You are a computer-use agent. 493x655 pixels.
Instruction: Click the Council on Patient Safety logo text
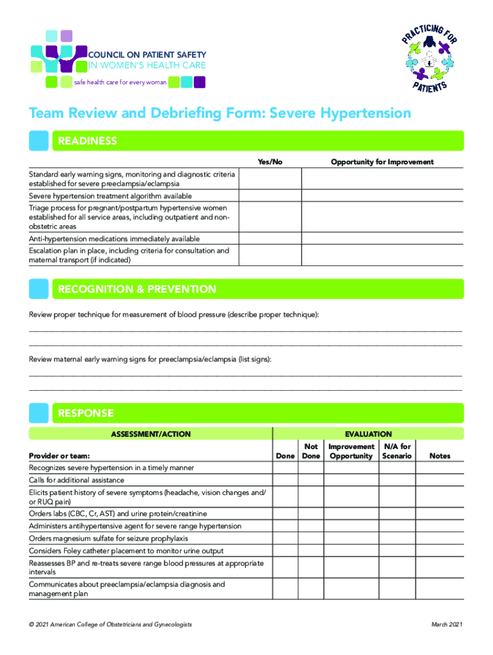[142, 59]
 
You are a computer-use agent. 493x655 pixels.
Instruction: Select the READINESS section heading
[88, 141]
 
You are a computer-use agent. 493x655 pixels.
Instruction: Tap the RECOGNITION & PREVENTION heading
[137, 289]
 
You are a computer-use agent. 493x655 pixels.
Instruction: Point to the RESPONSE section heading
[86, 413]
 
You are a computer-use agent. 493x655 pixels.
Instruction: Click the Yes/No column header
[270, 162]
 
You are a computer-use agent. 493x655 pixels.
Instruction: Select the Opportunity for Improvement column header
[382, 162]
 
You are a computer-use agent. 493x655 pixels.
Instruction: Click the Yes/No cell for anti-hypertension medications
[270, 239]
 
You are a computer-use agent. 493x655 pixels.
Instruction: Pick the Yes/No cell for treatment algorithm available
[270, 196]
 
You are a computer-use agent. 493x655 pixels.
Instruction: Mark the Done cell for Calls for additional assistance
[285, 480]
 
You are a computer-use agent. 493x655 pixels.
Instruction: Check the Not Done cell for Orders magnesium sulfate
[311, 538]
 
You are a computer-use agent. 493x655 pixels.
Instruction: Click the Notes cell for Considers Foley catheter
[440, 551]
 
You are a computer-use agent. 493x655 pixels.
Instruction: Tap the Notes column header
[440, 456]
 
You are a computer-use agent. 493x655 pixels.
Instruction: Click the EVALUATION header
[368, 434]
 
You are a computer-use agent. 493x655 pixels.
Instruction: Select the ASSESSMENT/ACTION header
[150, 434]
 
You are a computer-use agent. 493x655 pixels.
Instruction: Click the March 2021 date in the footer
[448, 624]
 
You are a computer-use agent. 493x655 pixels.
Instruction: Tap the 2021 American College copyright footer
[110, 624]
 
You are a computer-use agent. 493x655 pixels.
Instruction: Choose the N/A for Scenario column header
[397, 451]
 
